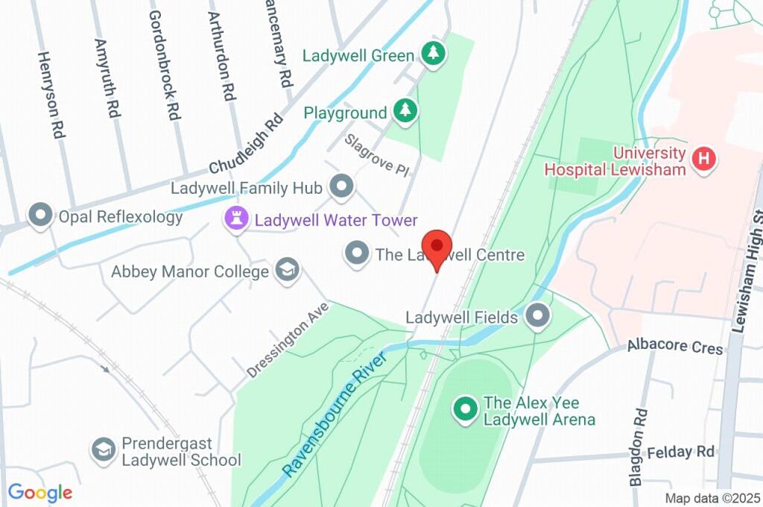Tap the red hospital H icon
[703, 160]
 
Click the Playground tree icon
[405, 112]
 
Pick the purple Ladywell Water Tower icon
[235, 220]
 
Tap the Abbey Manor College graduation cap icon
[286, 271]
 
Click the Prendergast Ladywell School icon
[103, 450]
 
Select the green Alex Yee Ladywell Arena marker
[466, 409]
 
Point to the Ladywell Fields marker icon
[537, 316]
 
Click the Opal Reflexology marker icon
[39, 217]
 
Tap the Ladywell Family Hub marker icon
[342, 187]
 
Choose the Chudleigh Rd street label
[247, 142]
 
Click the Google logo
[40, 492]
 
